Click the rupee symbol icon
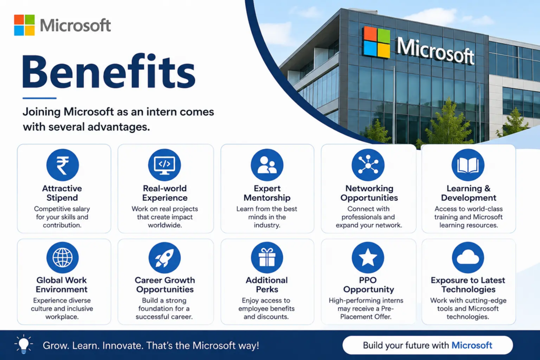[x=62, y=165]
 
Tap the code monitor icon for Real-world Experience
[x=165, y=165]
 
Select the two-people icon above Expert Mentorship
[x=267, y=165]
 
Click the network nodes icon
[x=368, y=165]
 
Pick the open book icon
[x=468, y=165]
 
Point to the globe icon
[x=62, y=257]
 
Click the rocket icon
[x=165, y=257]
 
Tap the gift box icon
[x=267, y=257]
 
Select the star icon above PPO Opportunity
[x=368, y=257]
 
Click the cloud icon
[x=468, y=257]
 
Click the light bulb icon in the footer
[x=23, y=344]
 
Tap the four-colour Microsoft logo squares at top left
[x=24, y=25]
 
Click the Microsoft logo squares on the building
[x=377, y=42]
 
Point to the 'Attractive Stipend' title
[x=62, y=193]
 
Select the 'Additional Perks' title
[x=267, y=285]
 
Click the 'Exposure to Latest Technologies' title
[x=468, y=285]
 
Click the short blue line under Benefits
[x=39, y=98]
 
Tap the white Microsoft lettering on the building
[x=436, y=51]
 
